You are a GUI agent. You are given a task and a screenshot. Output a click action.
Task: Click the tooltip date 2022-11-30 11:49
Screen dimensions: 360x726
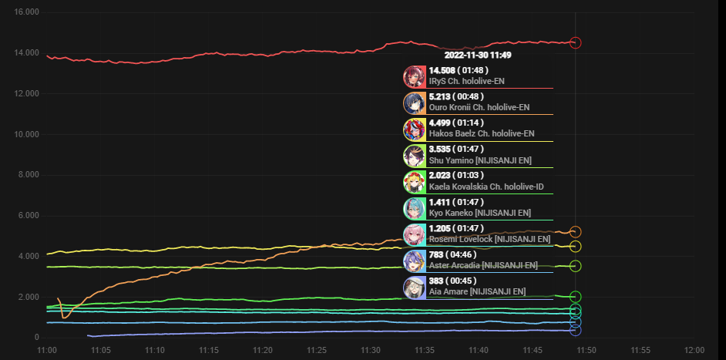pos(478,56)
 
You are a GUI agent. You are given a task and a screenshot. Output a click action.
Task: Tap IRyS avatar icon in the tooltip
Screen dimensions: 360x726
pos(415,76)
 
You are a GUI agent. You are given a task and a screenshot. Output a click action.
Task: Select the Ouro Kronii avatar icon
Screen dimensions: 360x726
pos(415,103)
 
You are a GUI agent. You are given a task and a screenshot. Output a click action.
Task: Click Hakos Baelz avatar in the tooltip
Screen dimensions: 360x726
pos(415,129)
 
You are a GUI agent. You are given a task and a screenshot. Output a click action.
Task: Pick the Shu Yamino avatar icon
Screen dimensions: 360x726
pos(415,156)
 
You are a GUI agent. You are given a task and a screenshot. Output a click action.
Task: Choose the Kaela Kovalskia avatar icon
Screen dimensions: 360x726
pos(415,182)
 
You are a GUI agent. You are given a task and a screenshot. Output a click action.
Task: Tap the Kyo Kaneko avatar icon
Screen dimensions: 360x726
pos(415,208)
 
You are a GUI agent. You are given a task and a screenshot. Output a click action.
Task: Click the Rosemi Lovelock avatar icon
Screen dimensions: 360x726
pos(415,234)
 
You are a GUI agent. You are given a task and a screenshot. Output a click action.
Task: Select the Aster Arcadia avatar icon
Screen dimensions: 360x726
pos(415,261)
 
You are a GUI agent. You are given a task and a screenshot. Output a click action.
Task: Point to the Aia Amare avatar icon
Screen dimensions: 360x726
pos(415,287)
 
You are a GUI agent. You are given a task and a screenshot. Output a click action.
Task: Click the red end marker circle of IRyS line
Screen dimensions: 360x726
pos(575,43)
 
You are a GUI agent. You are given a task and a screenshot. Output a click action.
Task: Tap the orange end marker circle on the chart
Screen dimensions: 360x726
pos(575,231)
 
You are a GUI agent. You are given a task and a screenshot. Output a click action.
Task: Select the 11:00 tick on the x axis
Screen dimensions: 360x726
pos(47,350)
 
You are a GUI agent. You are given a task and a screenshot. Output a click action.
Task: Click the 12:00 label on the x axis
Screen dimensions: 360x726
pos(694,350)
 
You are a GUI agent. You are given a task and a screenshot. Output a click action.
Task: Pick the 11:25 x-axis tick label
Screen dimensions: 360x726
pos(317,350)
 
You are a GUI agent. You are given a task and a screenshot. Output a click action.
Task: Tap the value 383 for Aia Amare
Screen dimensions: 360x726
pos(437,281)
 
